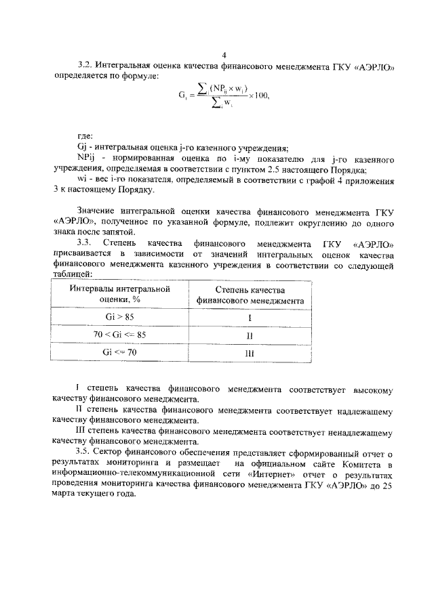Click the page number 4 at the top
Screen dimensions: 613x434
click(x=223, y=55)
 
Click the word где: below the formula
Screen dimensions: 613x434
click(x=85, y=135)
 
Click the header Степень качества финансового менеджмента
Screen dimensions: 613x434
click(x=250, y=295)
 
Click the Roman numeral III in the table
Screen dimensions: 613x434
click(x=249, y=354)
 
